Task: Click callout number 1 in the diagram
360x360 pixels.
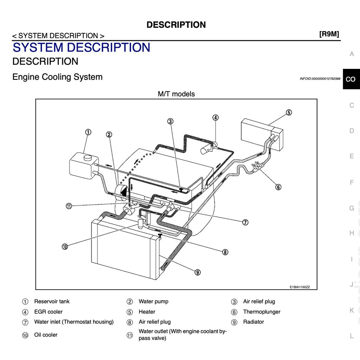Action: coord(88,132)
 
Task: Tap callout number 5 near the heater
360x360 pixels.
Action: coord(288,112)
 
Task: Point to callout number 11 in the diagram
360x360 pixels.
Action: coord(69,206)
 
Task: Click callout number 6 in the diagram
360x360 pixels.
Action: coord(278,187)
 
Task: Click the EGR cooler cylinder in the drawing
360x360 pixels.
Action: coord(207,149)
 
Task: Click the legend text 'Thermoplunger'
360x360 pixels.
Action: coord(262,312)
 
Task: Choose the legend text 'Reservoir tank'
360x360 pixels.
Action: coord(52,302)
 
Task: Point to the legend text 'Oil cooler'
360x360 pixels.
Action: coord(46,335)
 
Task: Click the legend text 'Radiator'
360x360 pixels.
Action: coord(253,322)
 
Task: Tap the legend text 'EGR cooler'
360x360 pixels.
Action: coord(48,312)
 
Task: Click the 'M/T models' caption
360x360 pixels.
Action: coord(176,94)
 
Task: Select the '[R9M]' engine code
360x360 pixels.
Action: coord(329,34)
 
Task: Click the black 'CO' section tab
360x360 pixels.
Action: coord(351,79)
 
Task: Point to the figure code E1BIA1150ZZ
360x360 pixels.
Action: coord(300,287)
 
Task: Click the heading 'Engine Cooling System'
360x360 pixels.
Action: coord(57,77)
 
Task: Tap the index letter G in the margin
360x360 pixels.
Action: coord(351,208)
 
